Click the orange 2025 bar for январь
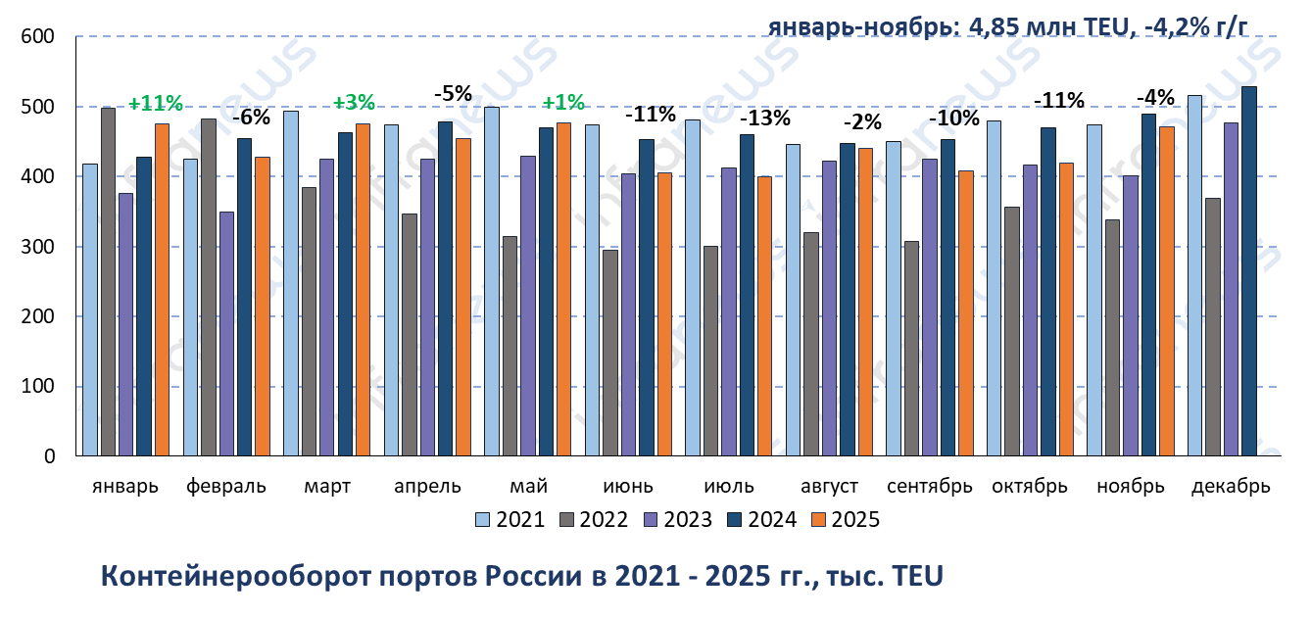(162, 289)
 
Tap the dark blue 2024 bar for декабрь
(1248, 271)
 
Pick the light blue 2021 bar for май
(492, 281)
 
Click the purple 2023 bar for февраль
(226, 333)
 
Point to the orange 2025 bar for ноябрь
(1167, 291)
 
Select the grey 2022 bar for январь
(108, 281)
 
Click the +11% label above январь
(156, 104)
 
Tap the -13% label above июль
(763, 119)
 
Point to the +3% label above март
(354, 103)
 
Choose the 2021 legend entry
(510, 520)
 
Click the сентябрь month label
(929, 487)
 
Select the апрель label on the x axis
(427, 487)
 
